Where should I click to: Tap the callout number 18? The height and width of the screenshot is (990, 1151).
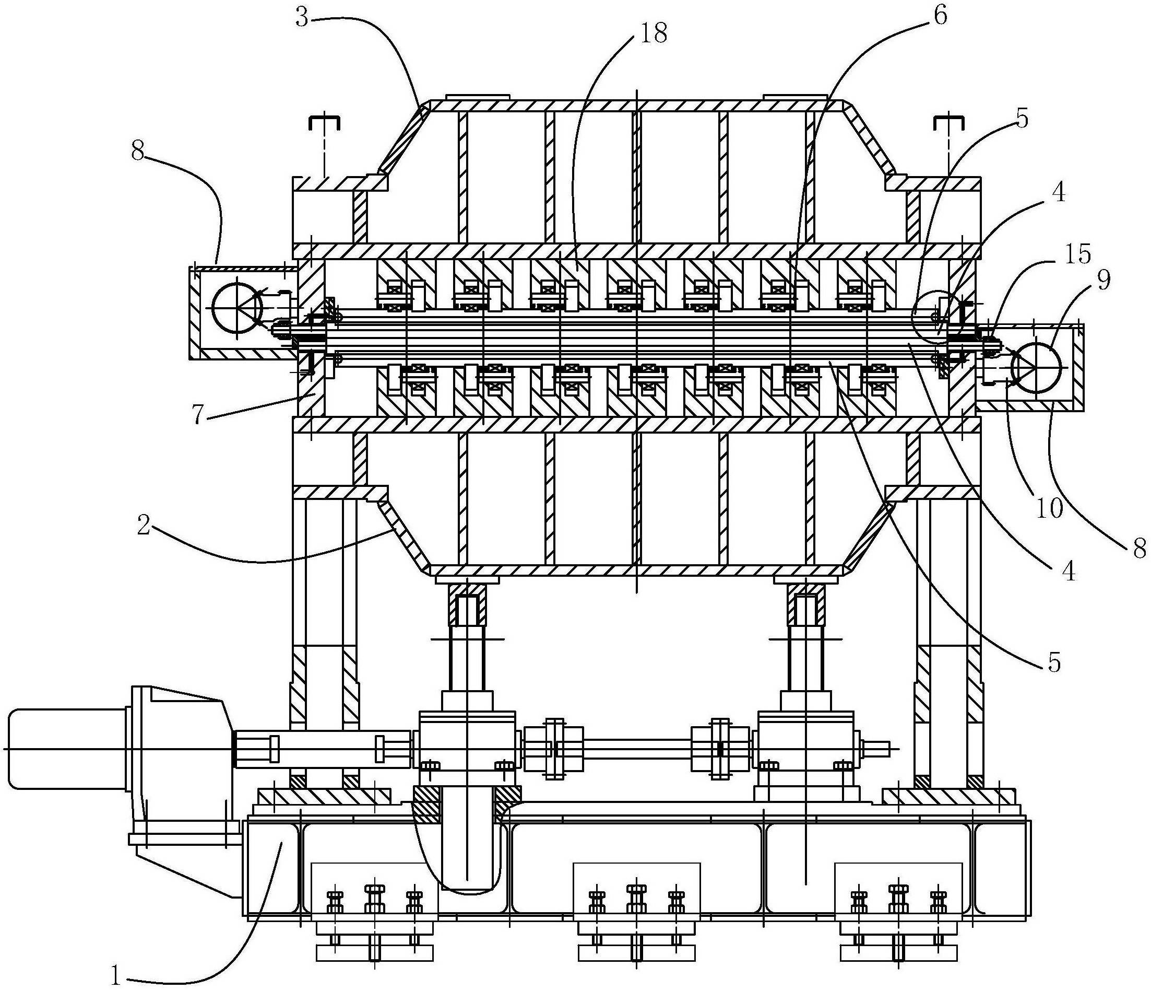[653, 34]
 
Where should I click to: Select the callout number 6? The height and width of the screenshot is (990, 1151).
[940, 16]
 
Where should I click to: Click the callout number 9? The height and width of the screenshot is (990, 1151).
[1103, 281]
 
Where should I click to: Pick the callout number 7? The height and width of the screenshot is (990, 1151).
[201, 415]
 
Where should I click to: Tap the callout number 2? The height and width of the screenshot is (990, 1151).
[144, 526]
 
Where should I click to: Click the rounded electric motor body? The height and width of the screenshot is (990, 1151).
[67, 748]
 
